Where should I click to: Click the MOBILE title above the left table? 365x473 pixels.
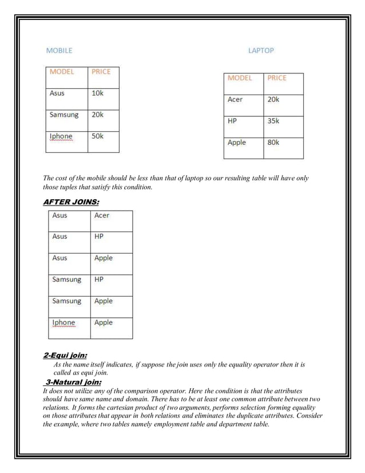pos(59,50)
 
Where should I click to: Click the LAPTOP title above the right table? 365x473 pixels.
pos(261,50)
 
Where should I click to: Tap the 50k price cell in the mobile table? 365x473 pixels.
pos(97,136)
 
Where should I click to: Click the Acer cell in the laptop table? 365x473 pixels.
pos(235,99)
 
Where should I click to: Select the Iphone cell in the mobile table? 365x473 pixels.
pos(61,136)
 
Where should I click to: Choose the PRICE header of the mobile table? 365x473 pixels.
pos(101,72)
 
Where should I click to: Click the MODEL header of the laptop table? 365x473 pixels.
pos(240,78)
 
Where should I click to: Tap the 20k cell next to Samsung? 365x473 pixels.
pos(97,114)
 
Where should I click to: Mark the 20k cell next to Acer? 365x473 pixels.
pos(273,99)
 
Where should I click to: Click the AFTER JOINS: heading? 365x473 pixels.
pos(71,202)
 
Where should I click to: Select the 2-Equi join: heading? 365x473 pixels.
pos(65,355)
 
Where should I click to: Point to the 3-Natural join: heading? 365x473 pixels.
pos(73,382)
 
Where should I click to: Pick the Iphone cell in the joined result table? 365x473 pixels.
pos(64,322)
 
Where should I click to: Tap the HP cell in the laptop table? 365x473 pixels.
pos(232,121)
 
